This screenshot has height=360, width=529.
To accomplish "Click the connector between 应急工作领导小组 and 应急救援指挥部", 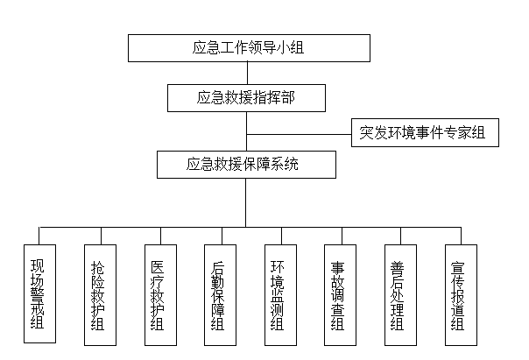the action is (x=247, y=74).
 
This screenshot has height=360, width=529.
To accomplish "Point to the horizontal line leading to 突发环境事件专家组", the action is (x=299, y=134).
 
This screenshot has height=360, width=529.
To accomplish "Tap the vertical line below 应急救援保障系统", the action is (x=245, y=202).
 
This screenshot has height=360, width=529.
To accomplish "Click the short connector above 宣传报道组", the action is (x=461, y=236).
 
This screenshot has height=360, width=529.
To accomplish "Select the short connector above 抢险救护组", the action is (x=102, y=236).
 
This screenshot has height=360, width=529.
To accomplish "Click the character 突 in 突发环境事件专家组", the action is (x=366, y=132).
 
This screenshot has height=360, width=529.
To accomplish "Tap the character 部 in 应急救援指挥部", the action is (x=288, y=98).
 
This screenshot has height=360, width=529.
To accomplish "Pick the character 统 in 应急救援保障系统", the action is (x=292, y=165).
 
